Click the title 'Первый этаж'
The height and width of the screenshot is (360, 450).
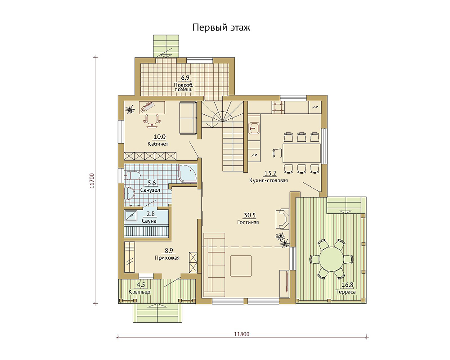point(221,27)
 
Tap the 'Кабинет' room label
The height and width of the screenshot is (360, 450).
point(158,144)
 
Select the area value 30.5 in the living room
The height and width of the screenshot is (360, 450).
point(250,215)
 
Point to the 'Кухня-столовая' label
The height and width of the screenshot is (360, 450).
point(268,180)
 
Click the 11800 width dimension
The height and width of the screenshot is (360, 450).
point(242,334)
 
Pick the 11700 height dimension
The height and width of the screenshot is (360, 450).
point(92,180)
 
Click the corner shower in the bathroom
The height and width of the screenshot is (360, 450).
point(188,173)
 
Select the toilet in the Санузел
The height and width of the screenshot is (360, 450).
point(133,175)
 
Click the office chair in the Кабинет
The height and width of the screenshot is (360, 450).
point(152,120)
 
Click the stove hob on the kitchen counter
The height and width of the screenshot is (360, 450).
point(278,107)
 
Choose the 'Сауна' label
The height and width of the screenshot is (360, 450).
point(149,221)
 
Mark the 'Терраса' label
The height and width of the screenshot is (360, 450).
point(346,292)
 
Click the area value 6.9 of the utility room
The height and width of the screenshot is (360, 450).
point(185,78)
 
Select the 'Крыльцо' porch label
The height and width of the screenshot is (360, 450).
point(139,292)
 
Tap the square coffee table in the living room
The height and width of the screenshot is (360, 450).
point(241,266)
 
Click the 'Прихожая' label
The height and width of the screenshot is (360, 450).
point(167,258)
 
